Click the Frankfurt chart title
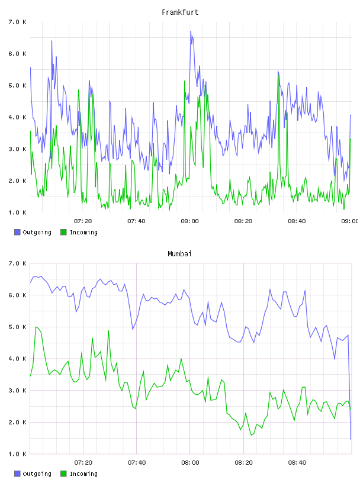(180, 12)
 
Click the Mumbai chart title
(179, 253)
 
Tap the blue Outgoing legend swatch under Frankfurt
(17, 232)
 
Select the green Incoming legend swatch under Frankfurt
(63, 232)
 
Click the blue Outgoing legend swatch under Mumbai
(17, 474)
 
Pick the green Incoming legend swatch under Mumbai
(63, 474)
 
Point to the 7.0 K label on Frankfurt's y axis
(17, 22)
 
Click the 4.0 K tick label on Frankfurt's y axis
(17, 117)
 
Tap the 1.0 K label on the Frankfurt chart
(17, 212)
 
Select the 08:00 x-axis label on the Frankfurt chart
(190, 221)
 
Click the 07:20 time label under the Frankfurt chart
(83, 221)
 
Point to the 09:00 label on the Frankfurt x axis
(350, 221)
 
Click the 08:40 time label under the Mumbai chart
(297, 462)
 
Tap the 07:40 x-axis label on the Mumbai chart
(137, 462)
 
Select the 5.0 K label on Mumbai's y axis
(17, 327)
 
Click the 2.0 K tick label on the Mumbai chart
(17, 422)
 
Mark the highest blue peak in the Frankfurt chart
(191, 31)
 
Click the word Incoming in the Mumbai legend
(83, 474)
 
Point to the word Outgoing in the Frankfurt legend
(37, 232)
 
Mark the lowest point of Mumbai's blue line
(351, 439)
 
